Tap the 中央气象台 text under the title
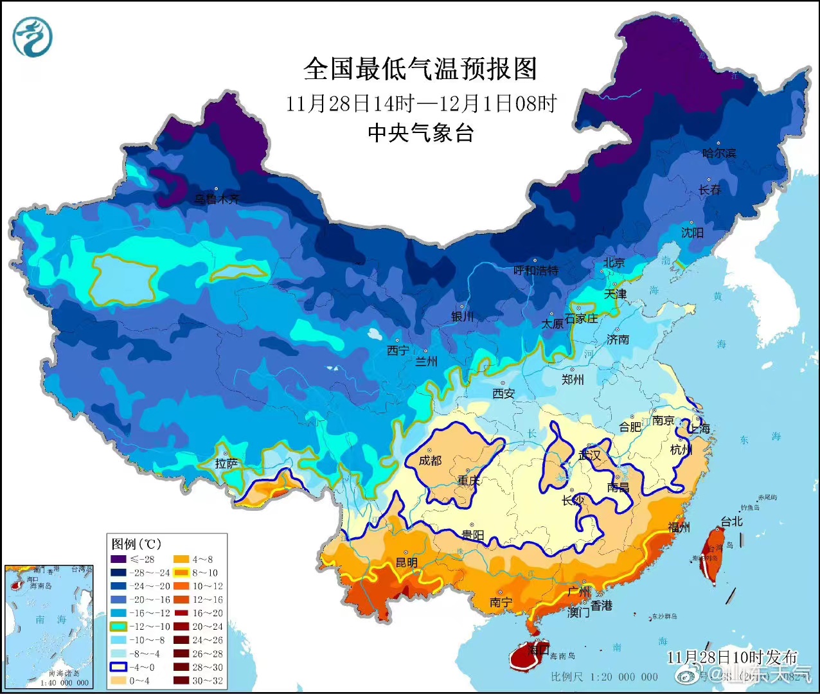(x=420, y=132)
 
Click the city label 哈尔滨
(x=719, y=154)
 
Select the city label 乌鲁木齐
(x=217, y=199)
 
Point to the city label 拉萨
(x=226, y=463)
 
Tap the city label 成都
(x=430, y=461)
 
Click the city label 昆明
(x=406, y=563)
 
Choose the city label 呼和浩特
(x=536, y=271)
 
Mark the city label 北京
(x=614, y=262)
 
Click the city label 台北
(x=731, y=522)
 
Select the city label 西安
(x=504, y=393)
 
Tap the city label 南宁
(x=501, y=602)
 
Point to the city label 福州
(x=679, y=527)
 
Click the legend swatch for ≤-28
(x=118, y=559)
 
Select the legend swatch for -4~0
(x=118, y=667)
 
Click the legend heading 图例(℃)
(x=136, y=544)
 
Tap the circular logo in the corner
(x=32, y=37)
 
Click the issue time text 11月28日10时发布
(x=731, y=657)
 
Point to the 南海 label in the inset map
(x=51, y=619)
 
